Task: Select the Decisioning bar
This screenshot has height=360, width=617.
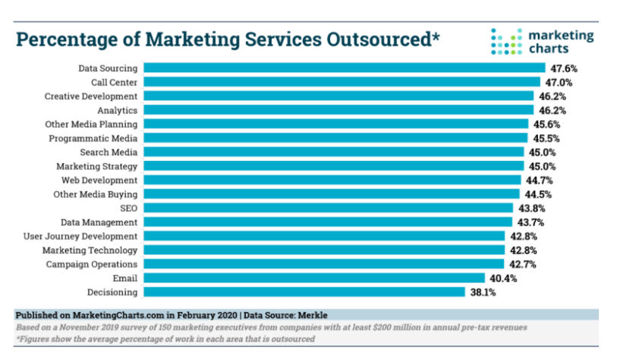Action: click(x=304, y=292)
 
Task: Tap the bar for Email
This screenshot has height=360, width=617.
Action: click(x=313, y=278)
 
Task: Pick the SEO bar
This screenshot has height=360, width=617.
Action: click(x=327, y=208)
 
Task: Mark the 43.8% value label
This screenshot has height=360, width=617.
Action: click(x=530, y=208)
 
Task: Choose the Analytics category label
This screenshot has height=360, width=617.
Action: click(x=117, y=110)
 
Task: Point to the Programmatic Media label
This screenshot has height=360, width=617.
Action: click(x=93, y=138)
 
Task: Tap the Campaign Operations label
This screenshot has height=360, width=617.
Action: click(x=91, y=264)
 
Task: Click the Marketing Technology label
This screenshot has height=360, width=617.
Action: click(x=90, y=250)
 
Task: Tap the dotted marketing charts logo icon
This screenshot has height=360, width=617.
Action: click(x=506, y=42)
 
